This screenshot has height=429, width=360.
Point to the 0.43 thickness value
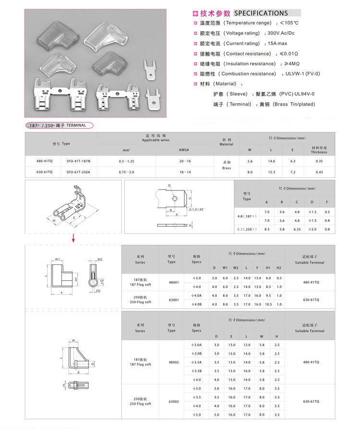[x=319, y=172]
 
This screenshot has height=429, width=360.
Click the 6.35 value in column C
[x=297, y=229]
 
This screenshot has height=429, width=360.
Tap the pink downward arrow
[x=73, y=238]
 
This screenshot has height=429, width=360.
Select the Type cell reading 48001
[x=173, y=283]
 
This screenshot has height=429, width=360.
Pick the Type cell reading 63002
[x=173, y=401]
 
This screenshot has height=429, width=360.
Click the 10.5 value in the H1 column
[x=268, y=304]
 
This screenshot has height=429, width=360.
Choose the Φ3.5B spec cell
[x=197, y=371]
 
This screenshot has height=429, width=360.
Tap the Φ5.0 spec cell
[x=197, y=414]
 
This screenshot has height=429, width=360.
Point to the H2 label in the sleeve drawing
[x=97, y=291]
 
